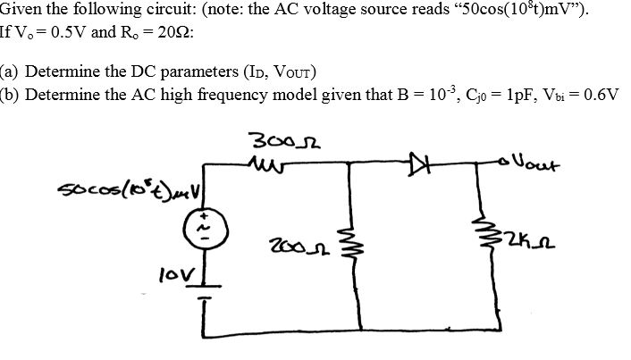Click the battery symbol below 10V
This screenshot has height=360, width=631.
[x=206, y=295]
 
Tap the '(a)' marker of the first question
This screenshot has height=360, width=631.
[x=12, y=73]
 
